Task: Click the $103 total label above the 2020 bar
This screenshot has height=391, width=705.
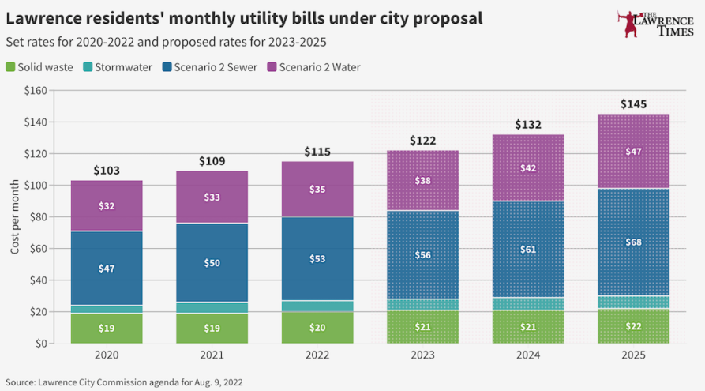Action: point(107,171)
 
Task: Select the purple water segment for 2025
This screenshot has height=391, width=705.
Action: point(633,151)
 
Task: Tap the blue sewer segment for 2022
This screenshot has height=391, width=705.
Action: point(317,259)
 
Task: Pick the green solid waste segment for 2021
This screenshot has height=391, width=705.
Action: point(212,329)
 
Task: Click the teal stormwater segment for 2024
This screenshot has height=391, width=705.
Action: point(528,303)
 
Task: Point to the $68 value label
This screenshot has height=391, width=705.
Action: point(633,242)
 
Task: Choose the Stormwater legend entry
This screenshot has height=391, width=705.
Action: point(118,67)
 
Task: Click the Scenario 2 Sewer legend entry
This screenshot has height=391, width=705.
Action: point(210,67)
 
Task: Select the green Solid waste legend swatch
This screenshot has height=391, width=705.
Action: point(10,67)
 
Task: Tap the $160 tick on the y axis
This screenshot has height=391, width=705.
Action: point(36,90)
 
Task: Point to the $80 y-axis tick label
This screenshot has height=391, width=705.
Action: point(38,217)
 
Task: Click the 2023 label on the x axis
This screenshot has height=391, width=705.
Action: point(422,355)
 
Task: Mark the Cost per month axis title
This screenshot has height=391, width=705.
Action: point(15,217)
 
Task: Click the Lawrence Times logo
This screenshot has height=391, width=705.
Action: point(655,24)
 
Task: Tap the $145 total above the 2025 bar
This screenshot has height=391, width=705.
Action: point(633,104)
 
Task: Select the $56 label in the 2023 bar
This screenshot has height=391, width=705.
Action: point(422,255)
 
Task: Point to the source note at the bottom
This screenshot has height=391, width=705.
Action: point(124,382)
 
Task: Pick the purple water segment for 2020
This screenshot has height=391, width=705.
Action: point(107,205)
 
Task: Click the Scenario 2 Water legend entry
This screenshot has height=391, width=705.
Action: point(314,67)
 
